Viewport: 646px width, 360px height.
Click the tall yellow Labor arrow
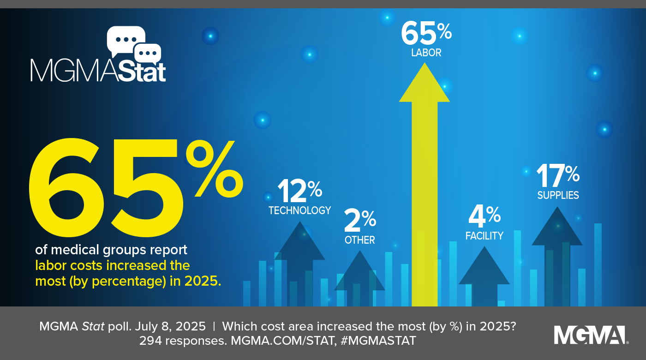[425, 194]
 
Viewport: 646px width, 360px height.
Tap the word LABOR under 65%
[426, 53]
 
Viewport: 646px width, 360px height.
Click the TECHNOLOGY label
[300, 210]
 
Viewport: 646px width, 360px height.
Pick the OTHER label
[360, 240]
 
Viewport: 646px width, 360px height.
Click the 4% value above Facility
[484, 216]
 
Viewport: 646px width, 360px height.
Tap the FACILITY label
[484, 236]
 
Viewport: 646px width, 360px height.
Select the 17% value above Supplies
[557, 175]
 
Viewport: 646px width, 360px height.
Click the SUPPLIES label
[558, 195]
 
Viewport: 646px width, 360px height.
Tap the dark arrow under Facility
[484, 277]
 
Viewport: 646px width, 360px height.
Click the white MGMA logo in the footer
[590, 335]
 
